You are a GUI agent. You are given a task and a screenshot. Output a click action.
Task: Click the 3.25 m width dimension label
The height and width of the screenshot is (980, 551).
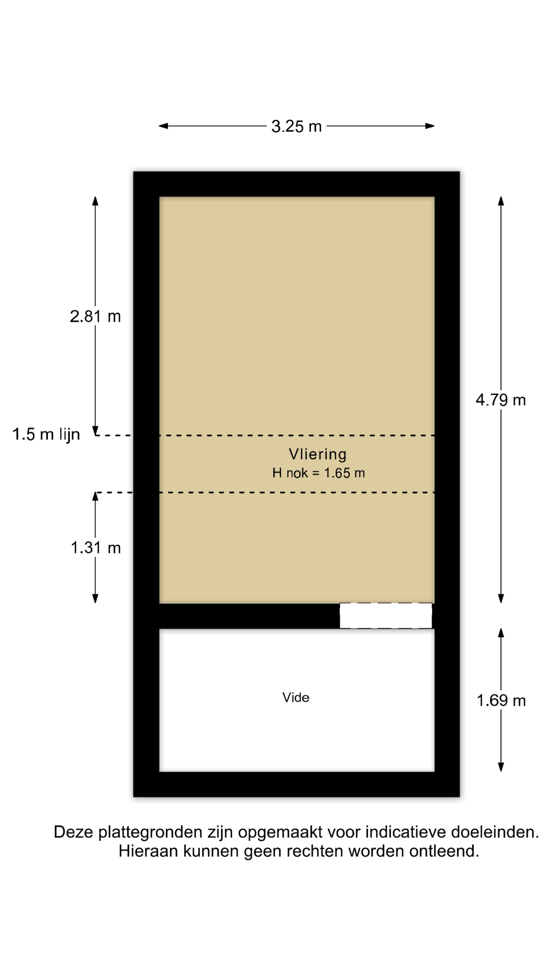coord(296,126)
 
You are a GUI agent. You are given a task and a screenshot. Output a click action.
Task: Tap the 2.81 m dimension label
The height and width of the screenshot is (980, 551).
coord(95,316)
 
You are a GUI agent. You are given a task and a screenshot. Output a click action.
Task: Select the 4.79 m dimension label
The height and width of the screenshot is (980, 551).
coord(500,400)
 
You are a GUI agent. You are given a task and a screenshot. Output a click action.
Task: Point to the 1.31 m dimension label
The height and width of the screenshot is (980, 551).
coord(95,548)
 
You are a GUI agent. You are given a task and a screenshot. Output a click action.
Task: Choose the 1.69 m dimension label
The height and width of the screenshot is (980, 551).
coord(501,700)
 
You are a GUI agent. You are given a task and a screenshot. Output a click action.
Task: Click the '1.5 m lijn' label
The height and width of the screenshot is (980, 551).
coord(46,434)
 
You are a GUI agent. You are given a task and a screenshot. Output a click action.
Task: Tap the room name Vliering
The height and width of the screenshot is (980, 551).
coord(318,454)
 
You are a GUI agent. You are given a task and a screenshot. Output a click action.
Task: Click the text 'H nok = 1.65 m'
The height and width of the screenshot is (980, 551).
coord(318,473)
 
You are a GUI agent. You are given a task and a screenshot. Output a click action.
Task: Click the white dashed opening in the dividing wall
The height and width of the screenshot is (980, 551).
coord(386,616)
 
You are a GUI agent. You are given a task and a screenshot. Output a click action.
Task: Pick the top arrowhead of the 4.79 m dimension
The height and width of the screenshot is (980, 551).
coord(501,201)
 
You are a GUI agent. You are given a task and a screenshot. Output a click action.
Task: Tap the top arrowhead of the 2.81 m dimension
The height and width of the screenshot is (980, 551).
coord(95,201)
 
